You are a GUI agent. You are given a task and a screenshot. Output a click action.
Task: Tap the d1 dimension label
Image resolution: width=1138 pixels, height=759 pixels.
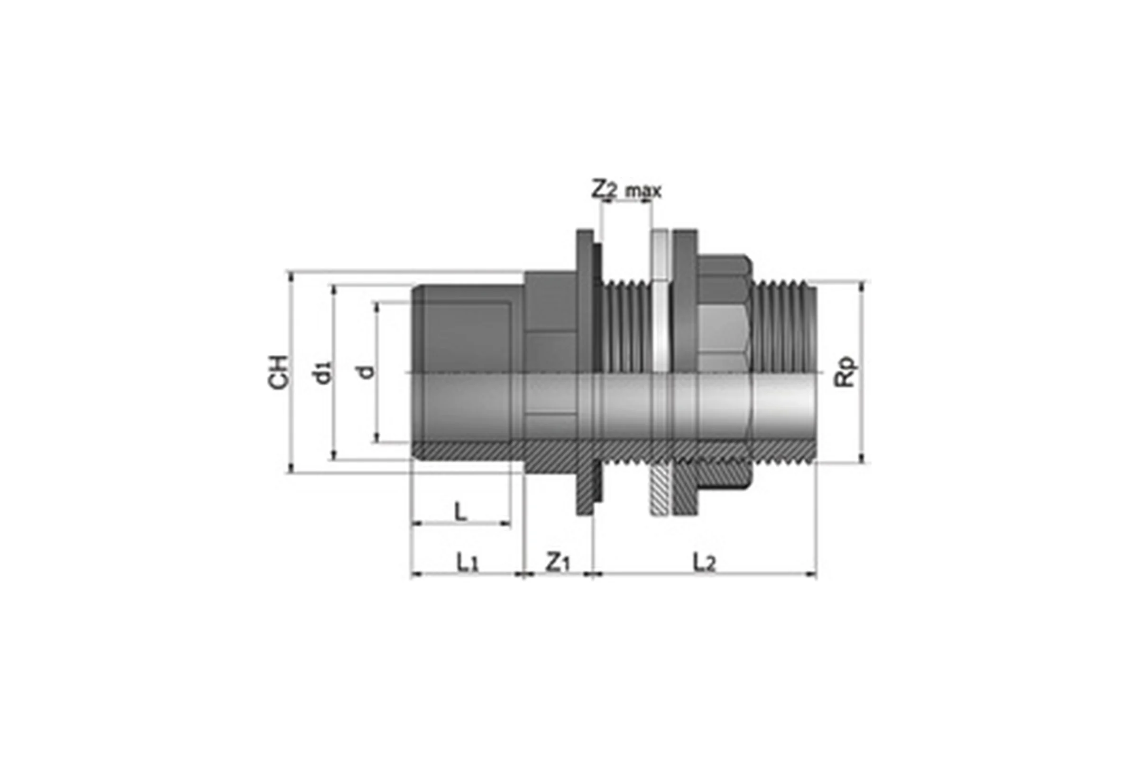323,372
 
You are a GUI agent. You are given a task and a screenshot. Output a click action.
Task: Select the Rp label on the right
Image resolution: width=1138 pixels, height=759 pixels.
845,372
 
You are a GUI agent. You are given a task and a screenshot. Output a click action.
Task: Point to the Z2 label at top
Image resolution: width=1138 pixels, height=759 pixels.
604,189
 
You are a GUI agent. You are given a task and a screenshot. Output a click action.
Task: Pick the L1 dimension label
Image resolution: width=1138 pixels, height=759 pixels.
468,563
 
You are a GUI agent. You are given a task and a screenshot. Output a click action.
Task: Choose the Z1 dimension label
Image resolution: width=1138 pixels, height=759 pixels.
559,563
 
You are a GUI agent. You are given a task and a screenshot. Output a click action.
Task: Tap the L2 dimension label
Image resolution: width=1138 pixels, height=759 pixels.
704,563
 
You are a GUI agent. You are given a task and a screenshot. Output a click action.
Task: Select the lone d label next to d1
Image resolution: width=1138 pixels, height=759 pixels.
368,371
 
